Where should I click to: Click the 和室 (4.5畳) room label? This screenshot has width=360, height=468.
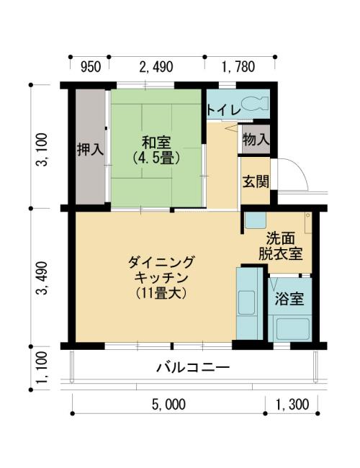pos(156,150)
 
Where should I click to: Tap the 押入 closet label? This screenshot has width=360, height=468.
pos(90,149)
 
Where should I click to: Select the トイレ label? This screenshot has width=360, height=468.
pos(224,110)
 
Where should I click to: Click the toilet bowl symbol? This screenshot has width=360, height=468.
pos(254,104)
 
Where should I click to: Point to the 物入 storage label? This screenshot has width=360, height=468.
pos(256,140)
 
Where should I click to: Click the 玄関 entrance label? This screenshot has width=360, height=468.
pos(256,181)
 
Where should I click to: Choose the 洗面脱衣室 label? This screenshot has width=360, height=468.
pos(281,246)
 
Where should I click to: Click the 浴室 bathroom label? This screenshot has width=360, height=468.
pos(289,299)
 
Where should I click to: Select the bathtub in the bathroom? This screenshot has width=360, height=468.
pos(292,329)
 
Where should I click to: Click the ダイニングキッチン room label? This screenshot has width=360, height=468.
pos(161,278)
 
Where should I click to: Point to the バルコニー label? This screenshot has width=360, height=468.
pos(194,367)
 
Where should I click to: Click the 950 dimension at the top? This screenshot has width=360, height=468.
pos(91,67)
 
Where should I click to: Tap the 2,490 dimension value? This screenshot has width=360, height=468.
pos(156,67)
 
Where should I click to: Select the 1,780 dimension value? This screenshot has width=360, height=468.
pos(238,67)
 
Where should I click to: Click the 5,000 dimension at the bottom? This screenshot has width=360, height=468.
pos(168,405)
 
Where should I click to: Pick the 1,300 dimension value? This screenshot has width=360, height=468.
pos(292,405)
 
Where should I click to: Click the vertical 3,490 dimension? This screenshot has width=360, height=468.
pos(42,278)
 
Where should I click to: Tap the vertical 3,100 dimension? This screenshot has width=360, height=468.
pos(42,150)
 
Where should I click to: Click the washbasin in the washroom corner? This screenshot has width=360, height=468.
pos(255,220)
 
